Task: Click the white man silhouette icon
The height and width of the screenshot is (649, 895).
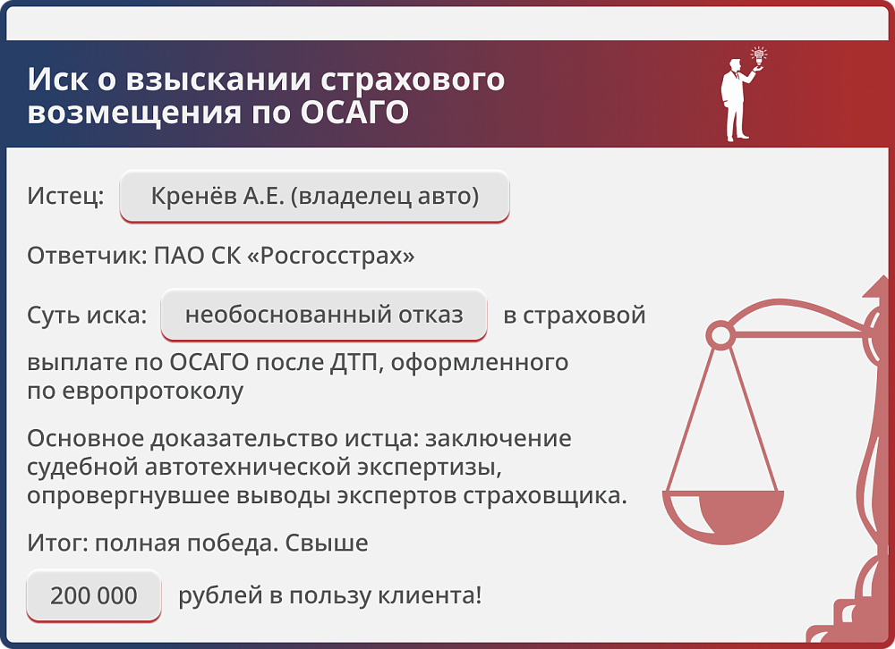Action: (x=737, y=100)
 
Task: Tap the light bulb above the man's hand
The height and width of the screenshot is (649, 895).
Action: (x=759, y=56)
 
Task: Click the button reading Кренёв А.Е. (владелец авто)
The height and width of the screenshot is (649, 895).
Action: (x=314, y=196)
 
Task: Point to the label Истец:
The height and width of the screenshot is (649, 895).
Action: (x=65, y=196)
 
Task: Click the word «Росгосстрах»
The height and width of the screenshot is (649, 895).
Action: (x=330, y=257)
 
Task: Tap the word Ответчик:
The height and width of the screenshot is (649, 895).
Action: (x=83, y=257)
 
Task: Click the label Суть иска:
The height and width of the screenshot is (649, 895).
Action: (x=86, y=316)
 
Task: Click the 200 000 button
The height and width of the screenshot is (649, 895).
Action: (x=94, y=595)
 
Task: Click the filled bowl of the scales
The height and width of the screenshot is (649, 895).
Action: (x=723, y=518)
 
